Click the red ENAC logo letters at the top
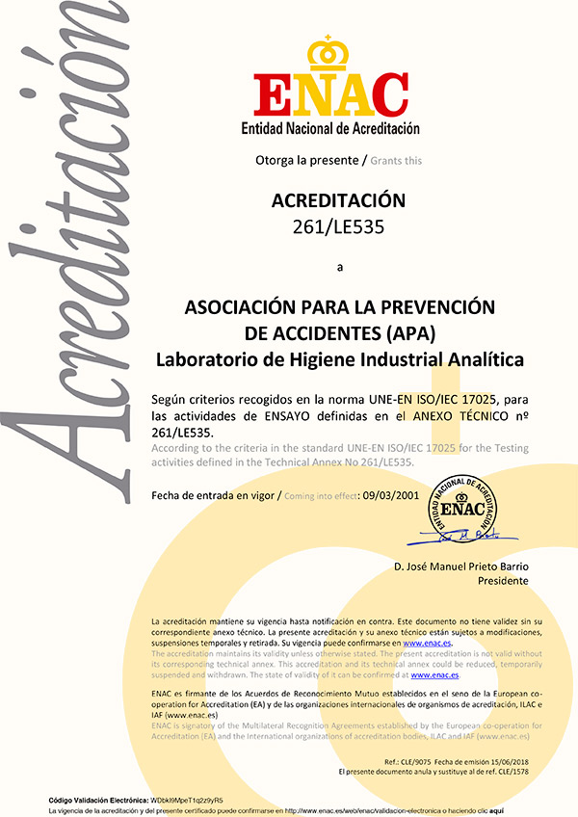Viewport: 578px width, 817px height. pyautogui.click(x=330, y=93)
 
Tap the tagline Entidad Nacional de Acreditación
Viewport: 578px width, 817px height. pyautogui.click(x=330, y=128)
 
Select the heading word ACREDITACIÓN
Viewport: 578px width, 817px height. pyautogui.click(x=333, y=201)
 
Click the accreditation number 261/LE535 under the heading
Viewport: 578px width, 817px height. pyautogui.click(x=333, y=228)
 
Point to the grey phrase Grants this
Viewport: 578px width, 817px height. pyautogui.click(x=396, y=160)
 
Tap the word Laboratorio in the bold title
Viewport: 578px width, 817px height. pyautogui.click(x=204, y=360)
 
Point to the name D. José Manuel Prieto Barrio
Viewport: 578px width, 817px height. pyautogui.click(x=461, y=566)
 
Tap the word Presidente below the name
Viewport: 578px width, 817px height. pyautogui.click(x=503, y=581)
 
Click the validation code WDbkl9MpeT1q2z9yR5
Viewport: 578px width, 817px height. pyautogui.click(x=187, y=800)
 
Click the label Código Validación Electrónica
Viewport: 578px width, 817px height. pyautogui.click(x=98, y=800)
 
